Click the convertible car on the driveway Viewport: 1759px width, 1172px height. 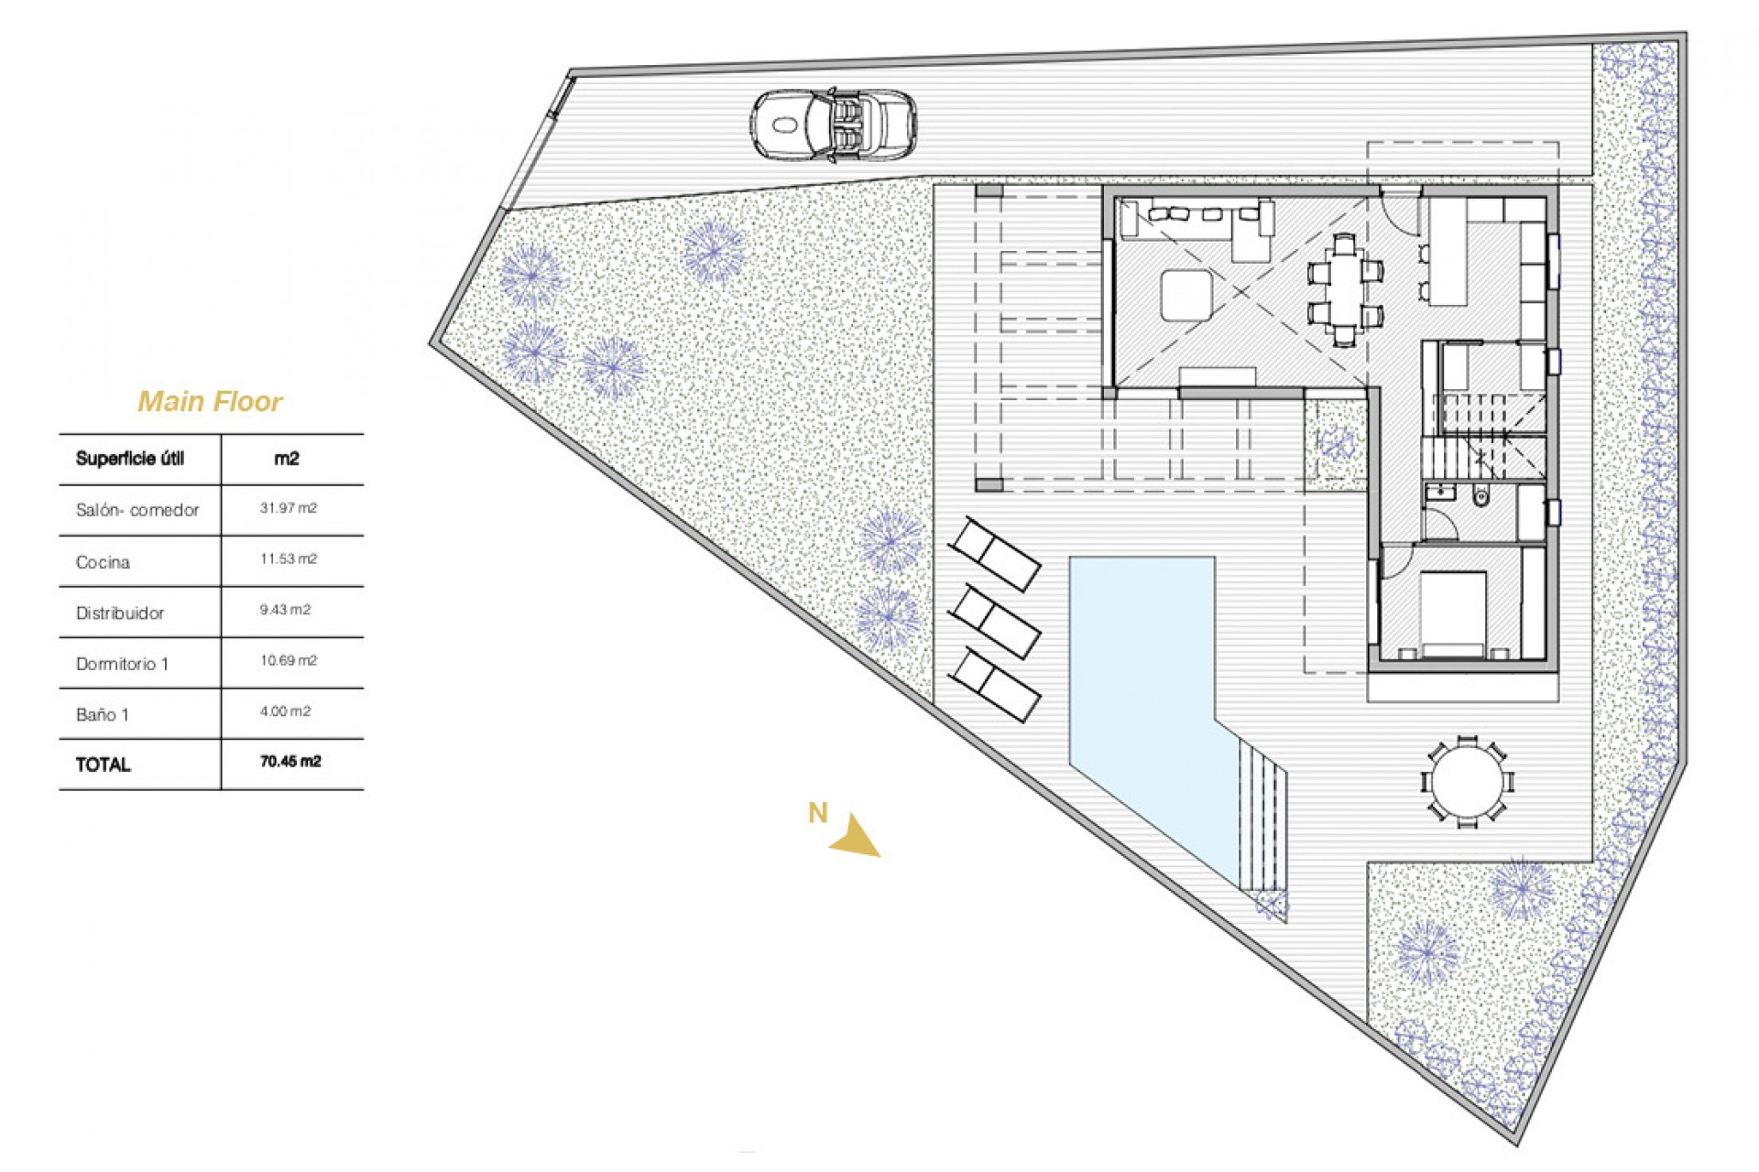click(x=833, y=125)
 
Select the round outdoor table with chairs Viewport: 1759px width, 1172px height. click(x=1467, y=783)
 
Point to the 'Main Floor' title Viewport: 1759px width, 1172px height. click(x=210, y=401)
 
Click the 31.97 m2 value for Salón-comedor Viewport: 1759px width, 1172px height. click(x=288, y=508)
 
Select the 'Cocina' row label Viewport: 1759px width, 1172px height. click(x=103, y=562)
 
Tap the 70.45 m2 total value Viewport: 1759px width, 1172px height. click(x=290, y=762)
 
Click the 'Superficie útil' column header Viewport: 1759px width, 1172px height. click(x=130, y=459)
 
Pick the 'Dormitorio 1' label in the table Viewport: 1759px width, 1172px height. click(x=122, y=664)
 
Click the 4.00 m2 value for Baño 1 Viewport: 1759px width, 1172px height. click(x=285, y=711)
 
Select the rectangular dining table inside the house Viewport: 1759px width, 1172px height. click(x=1344, y=289)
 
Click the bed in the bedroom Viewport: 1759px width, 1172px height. click(x=1452, y=613)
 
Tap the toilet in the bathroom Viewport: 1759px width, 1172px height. click(x=1480, y=497)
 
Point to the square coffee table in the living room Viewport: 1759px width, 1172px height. click(x=1186, y=295)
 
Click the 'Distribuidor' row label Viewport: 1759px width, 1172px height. click(x=120, y=613)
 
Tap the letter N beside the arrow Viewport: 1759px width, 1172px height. click(x=817, y=812)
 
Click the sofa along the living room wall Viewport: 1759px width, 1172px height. click(x=1196, y=220)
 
